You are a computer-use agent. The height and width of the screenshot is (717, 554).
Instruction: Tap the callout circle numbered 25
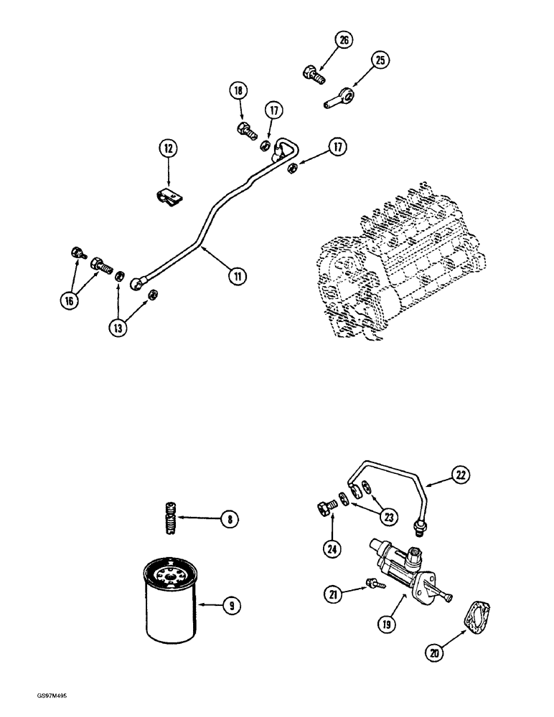(380, 60)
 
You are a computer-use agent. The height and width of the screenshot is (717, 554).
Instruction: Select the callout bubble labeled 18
(238, 91)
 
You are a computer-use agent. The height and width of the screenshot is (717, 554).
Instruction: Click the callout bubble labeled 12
(167, 149)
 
